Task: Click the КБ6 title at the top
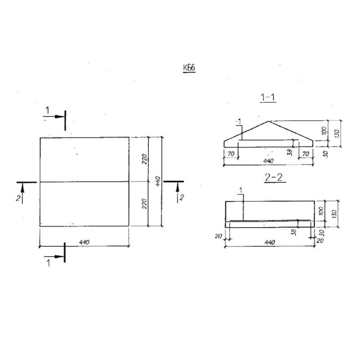click(189, 68)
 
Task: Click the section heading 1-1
click(268, 98)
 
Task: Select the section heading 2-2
click(274, 177)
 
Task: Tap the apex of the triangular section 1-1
click(268, 121)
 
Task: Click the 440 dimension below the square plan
click(84, 242)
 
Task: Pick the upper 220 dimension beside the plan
click(144, 159)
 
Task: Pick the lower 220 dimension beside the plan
click(144, 204)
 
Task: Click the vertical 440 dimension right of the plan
click(158, 181)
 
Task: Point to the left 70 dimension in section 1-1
click(231, 153)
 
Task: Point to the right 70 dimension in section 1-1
click(306, 153)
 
